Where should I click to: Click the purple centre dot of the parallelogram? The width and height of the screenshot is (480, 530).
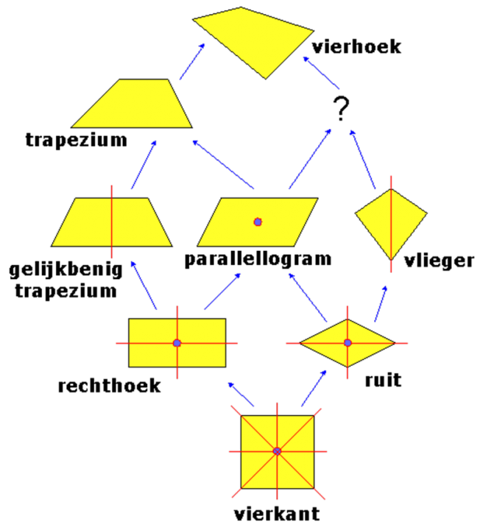258,222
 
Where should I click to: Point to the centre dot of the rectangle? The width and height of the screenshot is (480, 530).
177,343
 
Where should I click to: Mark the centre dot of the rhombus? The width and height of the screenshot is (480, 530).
347,343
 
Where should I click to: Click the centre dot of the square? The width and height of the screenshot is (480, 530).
277,451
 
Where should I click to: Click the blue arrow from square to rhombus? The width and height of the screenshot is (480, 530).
314,388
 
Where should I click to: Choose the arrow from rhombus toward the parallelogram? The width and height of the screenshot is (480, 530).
308,297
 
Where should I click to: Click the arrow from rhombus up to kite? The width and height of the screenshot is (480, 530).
381,303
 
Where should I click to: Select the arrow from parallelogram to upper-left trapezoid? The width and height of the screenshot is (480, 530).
223,164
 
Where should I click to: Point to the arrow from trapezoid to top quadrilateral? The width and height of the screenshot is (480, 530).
192,61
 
